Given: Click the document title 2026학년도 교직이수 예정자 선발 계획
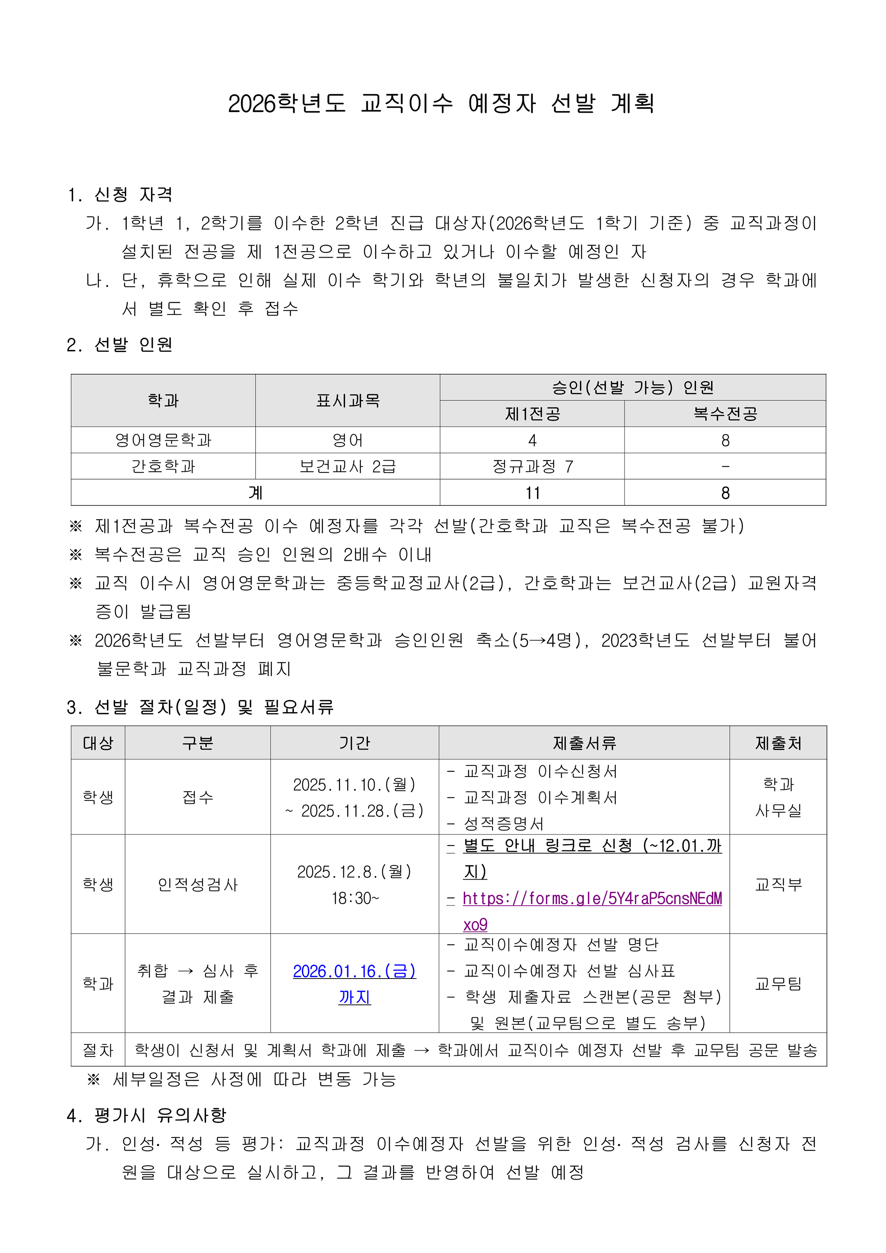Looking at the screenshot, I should click(441, 103).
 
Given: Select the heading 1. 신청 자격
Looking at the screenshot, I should click(120, 194).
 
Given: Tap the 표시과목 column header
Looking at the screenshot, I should click(348, 400).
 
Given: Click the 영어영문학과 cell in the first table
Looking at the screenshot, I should click(163, 440).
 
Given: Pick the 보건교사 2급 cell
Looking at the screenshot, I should click(348, 467).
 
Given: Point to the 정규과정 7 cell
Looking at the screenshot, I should click(532, 467).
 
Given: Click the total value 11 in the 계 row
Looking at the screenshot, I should click(532, 493).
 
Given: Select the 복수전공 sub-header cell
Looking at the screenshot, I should click(725, 414).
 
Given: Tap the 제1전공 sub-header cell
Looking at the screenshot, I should click(532, 414).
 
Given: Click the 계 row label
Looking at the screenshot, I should click(255, 493).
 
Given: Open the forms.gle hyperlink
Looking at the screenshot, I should click(592, 898).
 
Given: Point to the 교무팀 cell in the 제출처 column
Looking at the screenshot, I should click(778, 983).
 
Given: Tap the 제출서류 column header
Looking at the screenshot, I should click(584, 743).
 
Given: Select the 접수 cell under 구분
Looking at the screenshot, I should click(198, 797).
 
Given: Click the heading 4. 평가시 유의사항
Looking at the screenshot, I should click(146, 1115).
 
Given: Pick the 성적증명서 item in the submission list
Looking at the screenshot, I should click(503, 823).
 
